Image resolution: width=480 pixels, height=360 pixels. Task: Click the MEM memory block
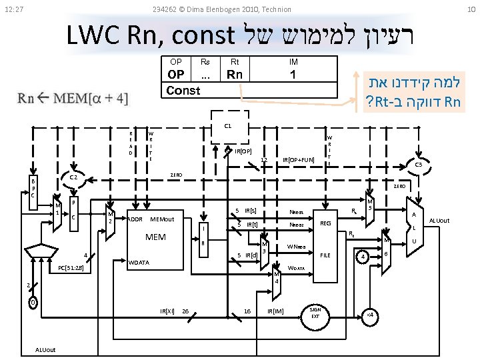point(157,237)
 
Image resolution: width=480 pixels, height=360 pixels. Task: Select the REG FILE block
point(325,239)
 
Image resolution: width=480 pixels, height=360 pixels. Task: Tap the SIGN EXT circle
point(315,313)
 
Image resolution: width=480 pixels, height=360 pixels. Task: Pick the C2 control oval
point(75,178)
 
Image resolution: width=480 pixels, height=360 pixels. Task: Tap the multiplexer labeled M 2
point(111,217)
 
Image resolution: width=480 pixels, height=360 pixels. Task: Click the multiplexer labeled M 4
point(276,279)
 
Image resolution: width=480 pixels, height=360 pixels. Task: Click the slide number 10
point(471,9)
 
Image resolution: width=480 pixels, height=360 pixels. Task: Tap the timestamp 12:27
point(14,9)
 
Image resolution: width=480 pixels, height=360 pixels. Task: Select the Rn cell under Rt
point(235,74)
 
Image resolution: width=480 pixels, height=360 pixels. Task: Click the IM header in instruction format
point(293,62)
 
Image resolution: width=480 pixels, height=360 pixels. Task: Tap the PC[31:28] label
point(71,269)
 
